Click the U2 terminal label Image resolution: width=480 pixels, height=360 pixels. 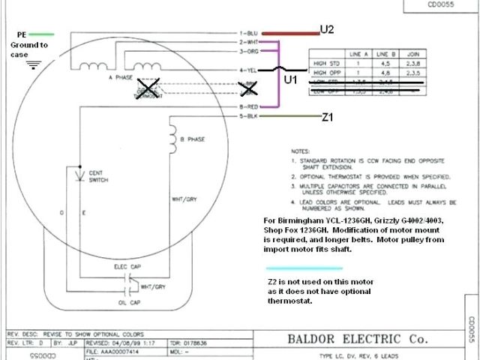pyautogui.click(x=328, y=29)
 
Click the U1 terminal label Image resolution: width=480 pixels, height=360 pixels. pyautogui.click(x=290, y=77)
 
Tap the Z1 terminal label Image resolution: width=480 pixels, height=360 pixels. pyautogui.click(x=328, y=118)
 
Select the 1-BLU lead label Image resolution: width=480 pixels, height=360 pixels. pyautogui.click(x=250, y=34)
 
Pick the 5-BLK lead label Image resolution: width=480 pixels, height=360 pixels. pyautogui.click(x=250, y=117)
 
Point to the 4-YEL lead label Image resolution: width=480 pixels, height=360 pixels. pyautogui.click(x=250, y=70)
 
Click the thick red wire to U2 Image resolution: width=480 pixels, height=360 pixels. pyautogui.click(x=289, y=34)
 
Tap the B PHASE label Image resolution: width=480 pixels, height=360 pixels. pyautogui.click(x=194, y=139)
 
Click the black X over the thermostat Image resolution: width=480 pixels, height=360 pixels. pyautogui.click(x=150, y=88)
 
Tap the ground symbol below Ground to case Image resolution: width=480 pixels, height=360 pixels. pyautogui.click(x=32, y=64)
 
